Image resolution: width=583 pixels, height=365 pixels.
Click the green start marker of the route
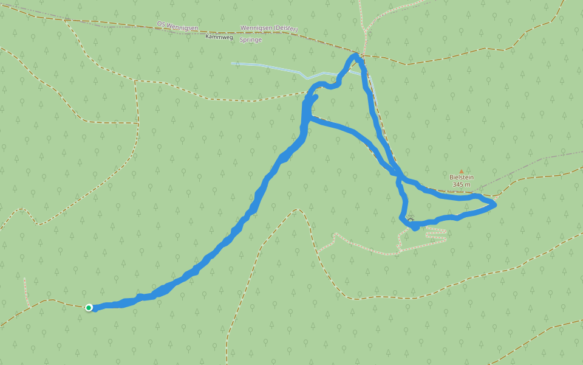(x=89, y=308)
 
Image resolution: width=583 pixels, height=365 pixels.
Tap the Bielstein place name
(x=462, y=178)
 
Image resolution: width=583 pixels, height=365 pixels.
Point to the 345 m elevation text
(x=462, y=184)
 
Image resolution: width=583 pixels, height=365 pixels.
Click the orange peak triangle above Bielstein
(x=461, y=172)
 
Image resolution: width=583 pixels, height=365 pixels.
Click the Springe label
(x=251, y=40)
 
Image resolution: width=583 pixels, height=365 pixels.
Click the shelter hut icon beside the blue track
(x=411, y=221)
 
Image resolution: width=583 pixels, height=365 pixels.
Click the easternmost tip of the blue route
(x=496, y=204)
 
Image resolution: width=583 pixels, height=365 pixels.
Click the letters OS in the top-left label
(x=161, y=24)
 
